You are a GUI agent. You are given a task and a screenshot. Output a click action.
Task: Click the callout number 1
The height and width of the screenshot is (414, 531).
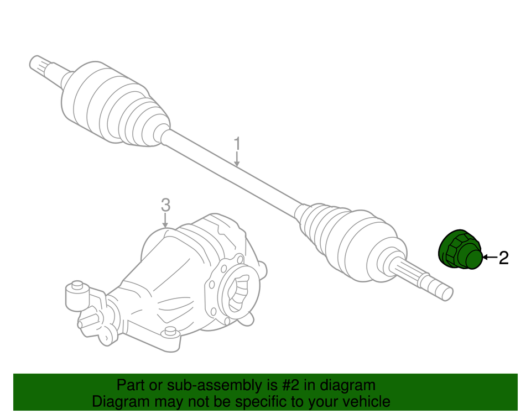point(237,144)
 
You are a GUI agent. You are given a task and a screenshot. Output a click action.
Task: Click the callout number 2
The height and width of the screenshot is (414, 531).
point(503,258)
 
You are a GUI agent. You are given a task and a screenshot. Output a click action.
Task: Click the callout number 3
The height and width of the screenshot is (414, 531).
point(165,205)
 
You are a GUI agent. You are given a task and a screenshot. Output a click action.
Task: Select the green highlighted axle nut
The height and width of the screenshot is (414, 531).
point(460,250)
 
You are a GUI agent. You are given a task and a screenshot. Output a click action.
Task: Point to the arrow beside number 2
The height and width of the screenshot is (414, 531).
point(490,258)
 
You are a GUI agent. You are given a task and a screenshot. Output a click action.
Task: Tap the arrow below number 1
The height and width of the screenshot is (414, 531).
point(237,159)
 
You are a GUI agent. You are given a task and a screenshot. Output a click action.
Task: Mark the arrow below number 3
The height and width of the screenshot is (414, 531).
point(165,220)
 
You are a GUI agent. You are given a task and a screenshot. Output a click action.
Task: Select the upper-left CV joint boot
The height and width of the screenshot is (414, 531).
point(114,105)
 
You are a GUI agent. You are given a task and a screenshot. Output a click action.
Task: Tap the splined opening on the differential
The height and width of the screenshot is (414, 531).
point(238,293)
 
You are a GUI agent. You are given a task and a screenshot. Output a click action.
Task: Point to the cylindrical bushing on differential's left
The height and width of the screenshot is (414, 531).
point(77,296)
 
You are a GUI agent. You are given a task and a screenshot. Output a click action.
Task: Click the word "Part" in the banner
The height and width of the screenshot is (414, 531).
point(129,385)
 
